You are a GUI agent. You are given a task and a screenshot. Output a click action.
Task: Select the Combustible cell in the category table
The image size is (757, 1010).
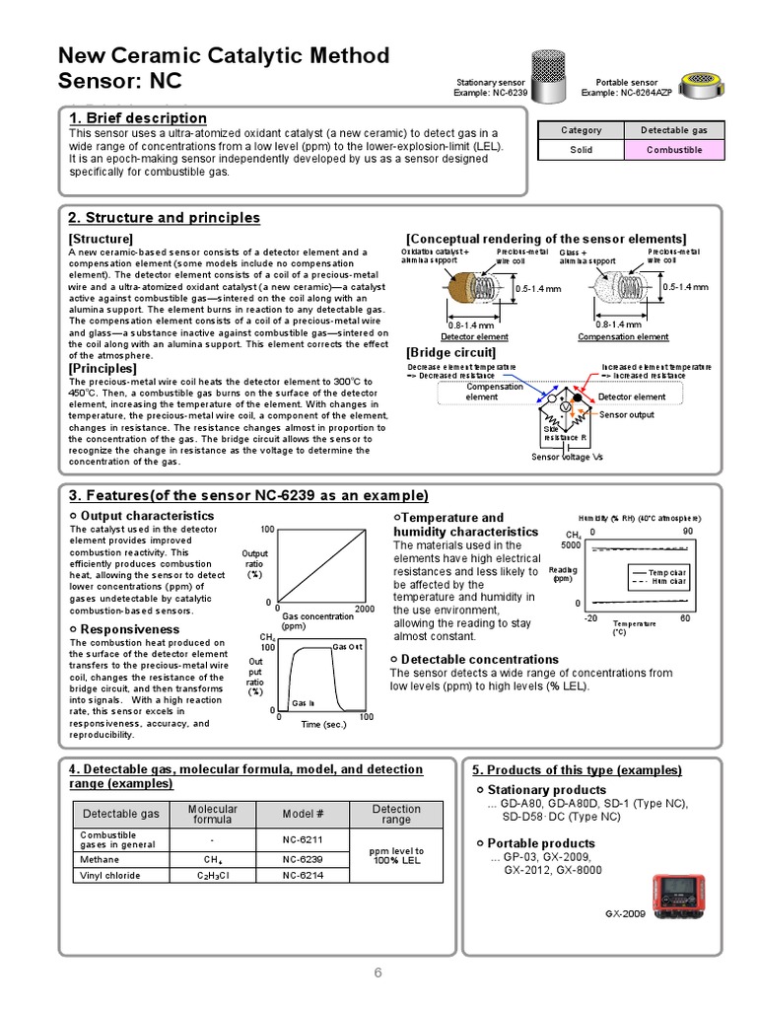[x=674, y=150]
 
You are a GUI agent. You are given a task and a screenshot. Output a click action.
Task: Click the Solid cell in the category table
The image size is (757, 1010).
[x=581, y=150]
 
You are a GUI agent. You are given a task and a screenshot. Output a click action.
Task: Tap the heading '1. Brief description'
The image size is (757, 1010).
[x=137, y=118]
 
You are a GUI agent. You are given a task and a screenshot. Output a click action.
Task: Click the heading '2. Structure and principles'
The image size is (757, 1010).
[x=164, y=218]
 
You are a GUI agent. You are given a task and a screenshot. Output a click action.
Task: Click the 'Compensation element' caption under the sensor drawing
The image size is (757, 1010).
[x=623, y=337]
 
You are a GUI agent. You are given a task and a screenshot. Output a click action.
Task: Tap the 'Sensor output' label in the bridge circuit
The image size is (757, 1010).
[x=627, y=415]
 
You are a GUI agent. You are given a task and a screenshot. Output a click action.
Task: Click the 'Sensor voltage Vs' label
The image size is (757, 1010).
[x=567, y=457]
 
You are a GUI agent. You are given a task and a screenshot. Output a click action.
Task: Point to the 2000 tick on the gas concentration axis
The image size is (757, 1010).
[x=365, y=609]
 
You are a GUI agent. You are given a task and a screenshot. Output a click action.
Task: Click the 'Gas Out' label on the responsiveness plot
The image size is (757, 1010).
[x=347, y=646]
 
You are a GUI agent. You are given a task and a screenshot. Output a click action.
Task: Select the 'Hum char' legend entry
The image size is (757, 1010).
[x=670, y=582]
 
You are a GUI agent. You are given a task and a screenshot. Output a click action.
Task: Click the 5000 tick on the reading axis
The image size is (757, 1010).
[x=571, y=544]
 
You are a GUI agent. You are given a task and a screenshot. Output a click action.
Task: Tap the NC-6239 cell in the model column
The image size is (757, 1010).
[x=303, y=859]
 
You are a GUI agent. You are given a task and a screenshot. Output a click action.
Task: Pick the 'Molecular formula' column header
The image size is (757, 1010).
[x=213, y=814]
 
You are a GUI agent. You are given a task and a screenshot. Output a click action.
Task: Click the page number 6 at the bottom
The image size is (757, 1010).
[x=378, y=974]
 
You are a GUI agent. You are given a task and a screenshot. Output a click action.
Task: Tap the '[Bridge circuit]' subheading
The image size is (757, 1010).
[x=450, y=352]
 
